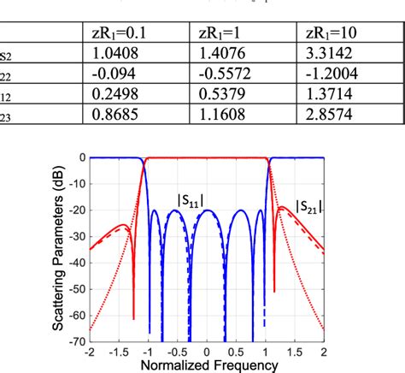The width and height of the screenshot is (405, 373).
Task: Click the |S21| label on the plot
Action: pos(308,205)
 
